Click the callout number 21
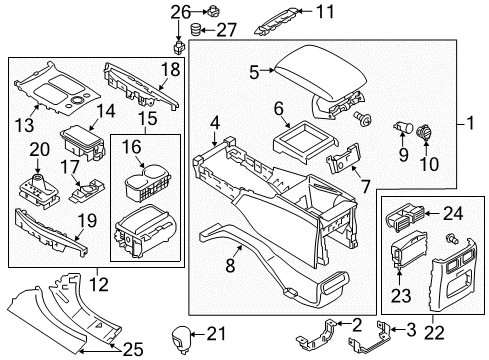point(216,333)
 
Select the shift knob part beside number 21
point(181,339)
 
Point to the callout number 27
point(227,30)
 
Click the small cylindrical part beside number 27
point(195,29)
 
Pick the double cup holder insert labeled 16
point(147,183)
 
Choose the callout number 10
point(429,164)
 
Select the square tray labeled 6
point(305,141)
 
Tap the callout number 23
point(401,296)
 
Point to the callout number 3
point(411,330)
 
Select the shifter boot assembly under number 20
point(38,190)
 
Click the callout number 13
point(25,125)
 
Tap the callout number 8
point(230,266)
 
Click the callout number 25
point(133,349)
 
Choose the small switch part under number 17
point(87,192)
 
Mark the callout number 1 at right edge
point(470,123)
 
